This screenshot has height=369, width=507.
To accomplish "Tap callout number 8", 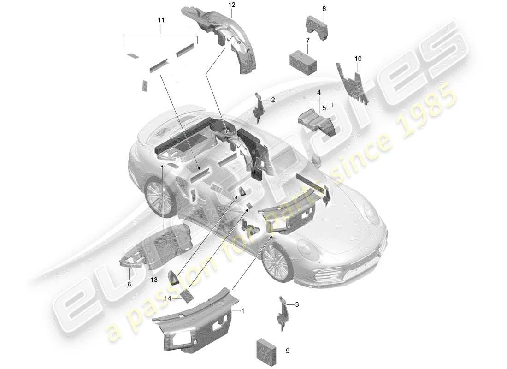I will click(x=324, y=9).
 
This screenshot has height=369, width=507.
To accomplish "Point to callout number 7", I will click(x=307, y=41).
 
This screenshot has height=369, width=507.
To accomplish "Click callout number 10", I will click(x=358, y=59).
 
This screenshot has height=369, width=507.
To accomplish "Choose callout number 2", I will click(x=273, y=100).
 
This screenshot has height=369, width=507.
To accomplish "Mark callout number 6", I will click(x=129, y=285).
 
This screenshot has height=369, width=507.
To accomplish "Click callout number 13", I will click(x=153, y=280).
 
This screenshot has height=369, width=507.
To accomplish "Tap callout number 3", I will click(x=297, y=304).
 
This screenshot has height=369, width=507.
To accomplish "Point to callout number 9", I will click(x=288, y=351).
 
